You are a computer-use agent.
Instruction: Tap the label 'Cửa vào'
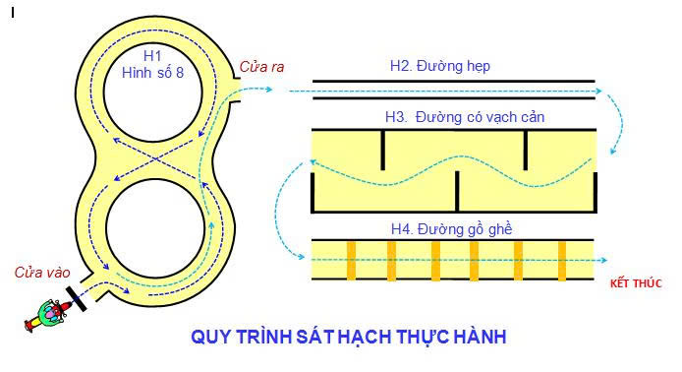tap(42, 273)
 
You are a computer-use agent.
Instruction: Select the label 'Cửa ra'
tap(261, 67)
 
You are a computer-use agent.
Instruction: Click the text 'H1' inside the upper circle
tap(152, 56)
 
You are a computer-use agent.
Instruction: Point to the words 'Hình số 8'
tap(152, 72)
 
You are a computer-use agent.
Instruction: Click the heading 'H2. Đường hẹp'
tap(440, 66)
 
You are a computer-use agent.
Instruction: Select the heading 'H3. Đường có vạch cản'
tap(465, 117)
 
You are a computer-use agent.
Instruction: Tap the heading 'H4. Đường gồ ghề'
tap(451, 229)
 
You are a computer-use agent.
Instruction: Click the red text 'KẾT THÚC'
tap(636, 283)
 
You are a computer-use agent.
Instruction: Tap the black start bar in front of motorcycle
tap(76, 298)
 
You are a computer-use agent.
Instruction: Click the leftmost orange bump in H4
tap(352, 261)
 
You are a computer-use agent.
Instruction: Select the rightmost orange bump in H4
tap(562, 261)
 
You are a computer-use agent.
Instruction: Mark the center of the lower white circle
tap(155, 228)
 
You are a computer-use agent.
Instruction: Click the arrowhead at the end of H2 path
tap(598, 92)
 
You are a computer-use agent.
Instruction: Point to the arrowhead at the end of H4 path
tap(603, 260)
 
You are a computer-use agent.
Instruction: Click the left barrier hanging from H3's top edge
tap(382, 150)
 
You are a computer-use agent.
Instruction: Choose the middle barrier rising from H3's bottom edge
tap(457, 191)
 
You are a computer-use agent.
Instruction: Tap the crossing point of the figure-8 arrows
tap(154, 159)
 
